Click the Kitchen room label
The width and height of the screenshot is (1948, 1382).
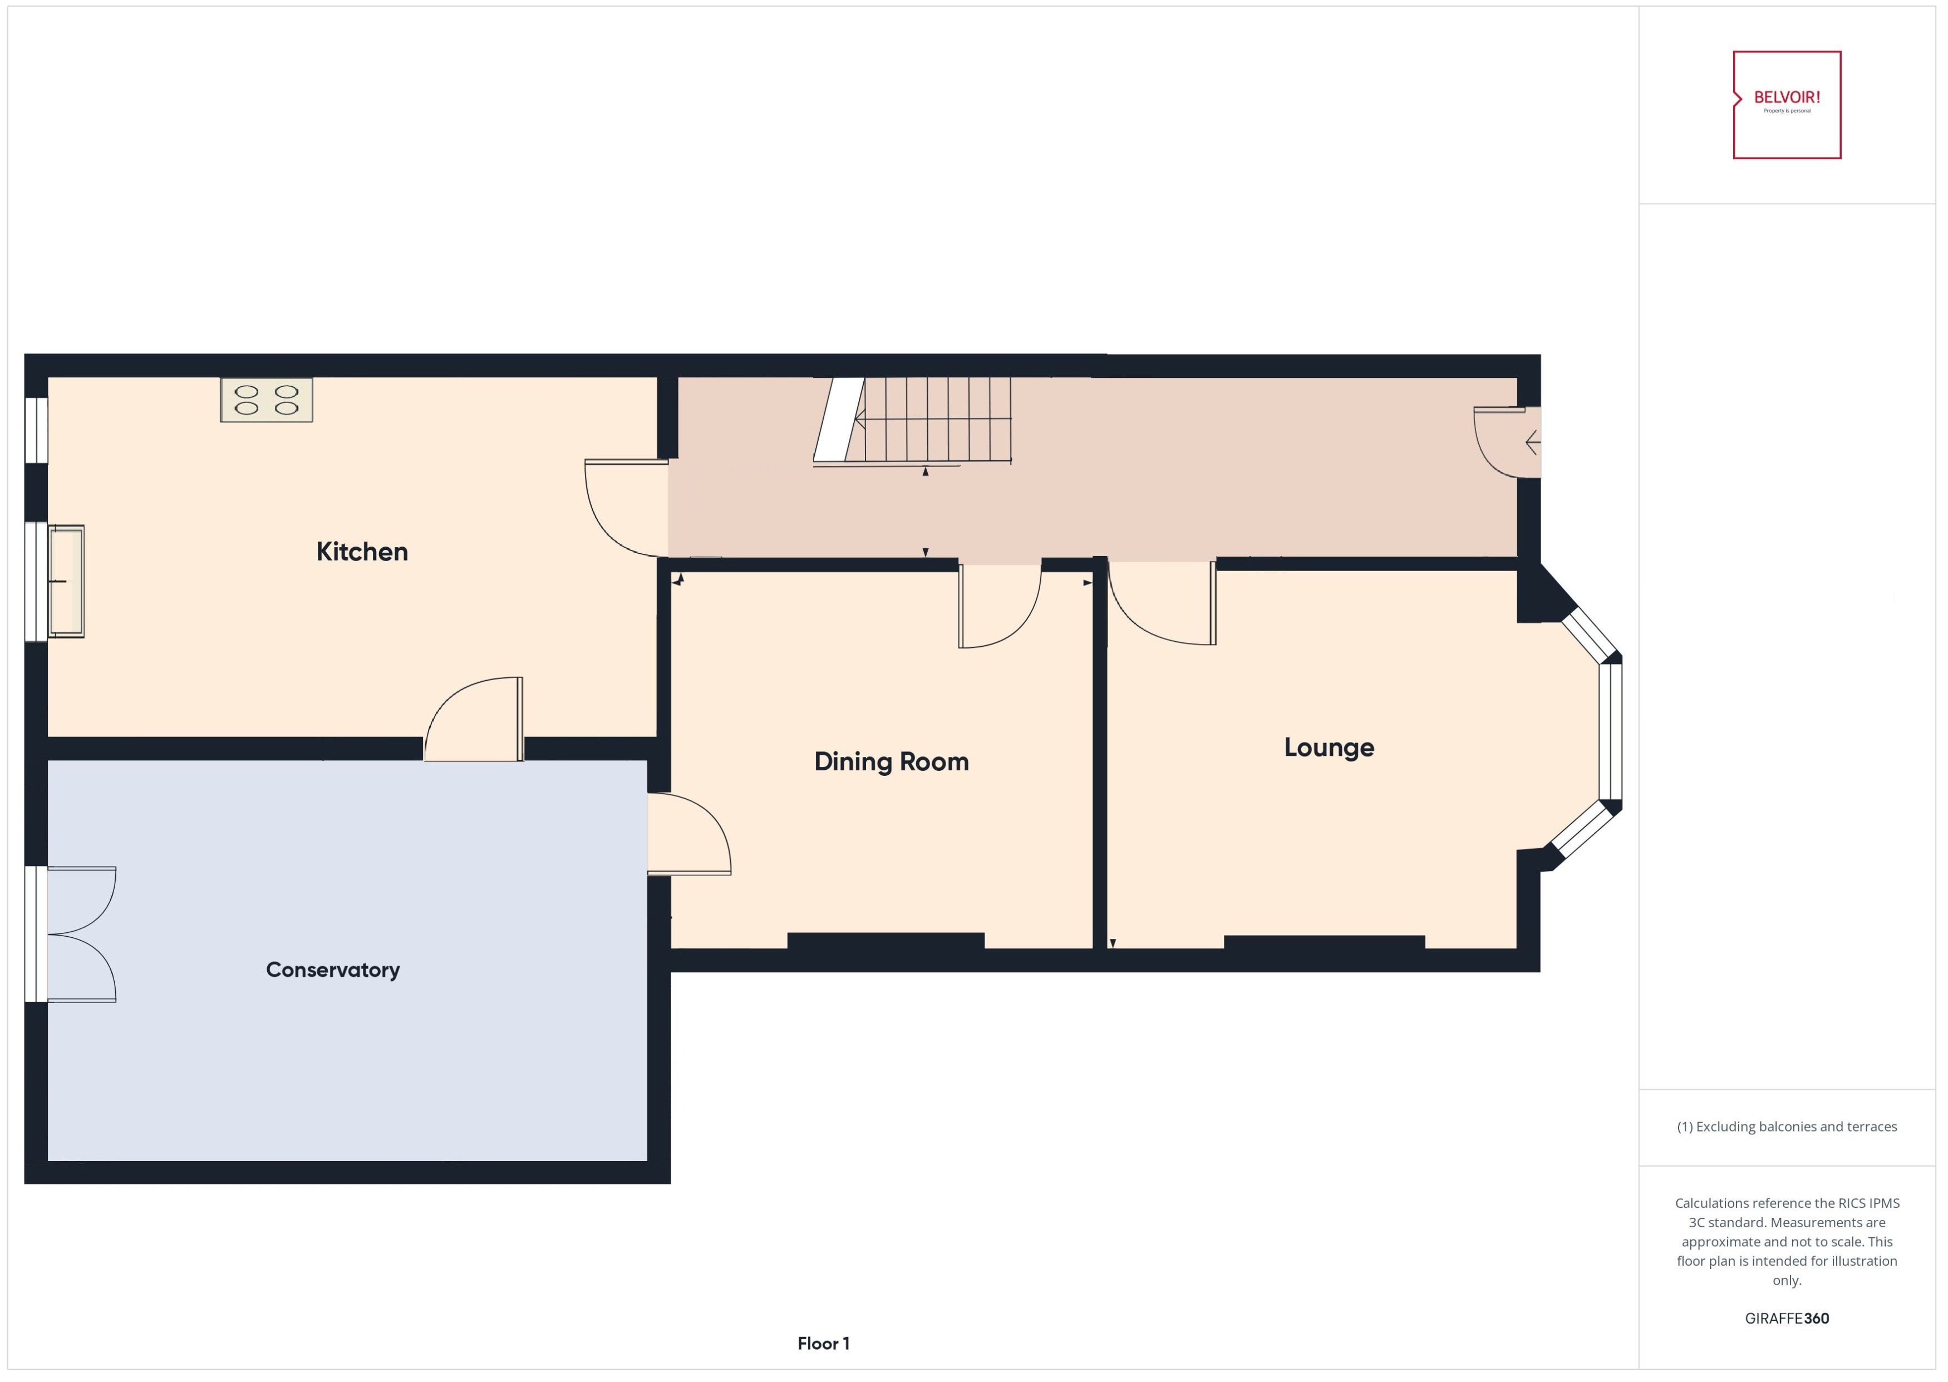click(x=362, y=552)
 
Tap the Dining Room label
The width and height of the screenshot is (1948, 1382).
click(x=891, y=761)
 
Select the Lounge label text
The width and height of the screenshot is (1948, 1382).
click(x=1329, y=747)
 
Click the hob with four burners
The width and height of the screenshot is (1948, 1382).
click(x=267, y=400)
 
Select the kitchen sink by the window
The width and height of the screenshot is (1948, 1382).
click(x=66, y=581)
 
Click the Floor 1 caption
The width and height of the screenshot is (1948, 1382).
click(x=823, y=1343)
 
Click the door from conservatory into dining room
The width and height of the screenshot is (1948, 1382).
click(x=687, y=834)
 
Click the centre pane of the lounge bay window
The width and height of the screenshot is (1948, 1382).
click(x=1610, y=732)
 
